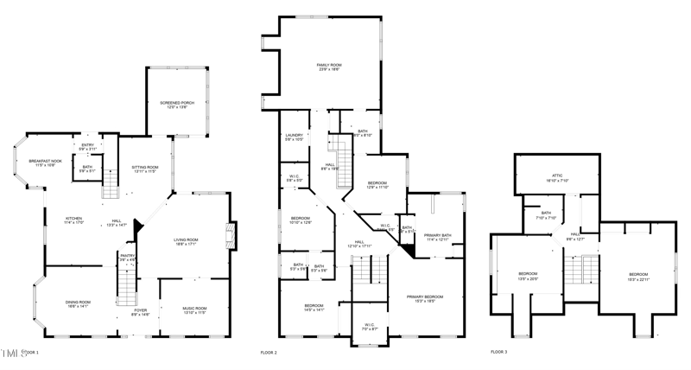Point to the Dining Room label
pyautogui.click(x=78, y=303)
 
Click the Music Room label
pyautogui.click(x=194, y=309)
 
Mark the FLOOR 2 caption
pyautogui.click(x=269, y=353)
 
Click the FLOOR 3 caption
pyautogui.click(x=499, y=353)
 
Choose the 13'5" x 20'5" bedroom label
pyautogui.click(x=527, y=276)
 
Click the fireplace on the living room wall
pyautogui.click(x=229, y=236)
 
